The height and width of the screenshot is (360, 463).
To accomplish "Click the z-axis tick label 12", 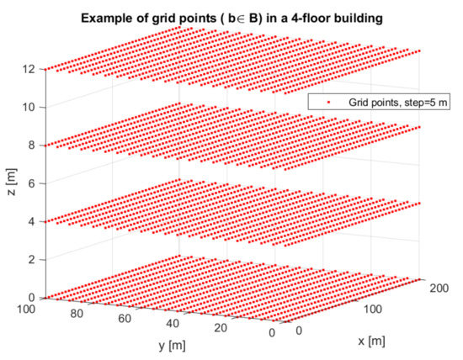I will pyautogui.click(x=31, y=68).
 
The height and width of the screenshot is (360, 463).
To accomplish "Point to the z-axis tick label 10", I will pyautogui.click(x=31, y=107).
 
